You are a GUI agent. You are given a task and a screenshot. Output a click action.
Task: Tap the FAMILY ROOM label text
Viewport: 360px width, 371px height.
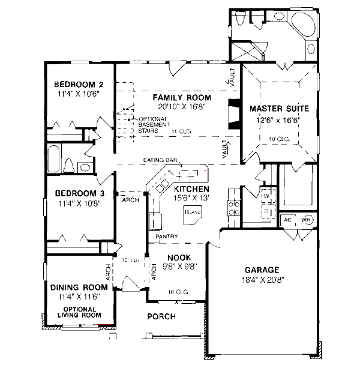point(181,97)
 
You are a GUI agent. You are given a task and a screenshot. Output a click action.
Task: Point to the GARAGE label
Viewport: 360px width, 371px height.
point(262,270)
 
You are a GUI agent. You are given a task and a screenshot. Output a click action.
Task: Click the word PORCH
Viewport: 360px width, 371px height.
point(161,316)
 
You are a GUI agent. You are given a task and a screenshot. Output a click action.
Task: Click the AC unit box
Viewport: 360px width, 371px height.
point(287,220)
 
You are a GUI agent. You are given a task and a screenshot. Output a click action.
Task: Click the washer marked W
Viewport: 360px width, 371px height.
point(265,196)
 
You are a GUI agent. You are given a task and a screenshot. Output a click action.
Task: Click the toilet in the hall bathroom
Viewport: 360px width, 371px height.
point(68,166)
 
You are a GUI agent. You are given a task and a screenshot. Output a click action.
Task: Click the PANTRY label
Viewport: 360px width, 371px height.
point(166,237)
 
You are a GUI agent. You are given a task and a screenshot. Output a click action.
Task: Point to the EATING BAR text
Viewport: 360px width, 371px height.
point(161,160)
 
